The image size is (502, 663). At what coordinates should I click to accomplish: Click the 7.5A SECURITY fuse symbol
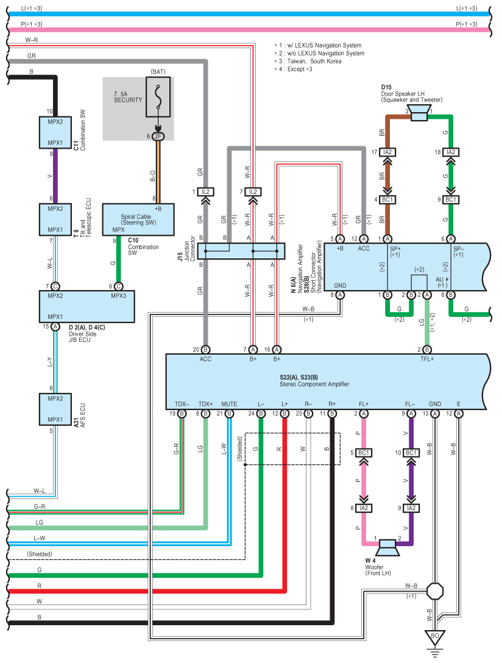158,97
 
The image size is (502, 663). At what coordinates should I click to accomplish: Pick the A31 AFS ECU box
55,409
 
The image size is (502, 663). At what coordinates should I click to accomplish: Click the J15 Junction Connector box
241,250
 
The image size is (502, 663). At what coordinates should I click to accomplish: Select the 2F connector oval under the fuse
158,136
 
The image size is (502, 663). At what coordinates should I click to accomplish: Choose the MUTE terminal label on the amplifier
229,404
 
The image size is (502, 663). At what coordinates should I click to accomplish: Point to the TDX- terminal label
182,404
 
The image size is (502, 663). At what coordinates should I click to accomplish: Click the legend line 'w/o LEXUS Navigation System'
322,54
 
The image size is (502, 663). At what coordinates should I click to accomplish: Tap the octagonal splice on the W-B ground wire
435,591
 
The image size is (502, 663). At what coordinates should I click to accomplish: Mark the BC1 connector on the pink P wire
364,453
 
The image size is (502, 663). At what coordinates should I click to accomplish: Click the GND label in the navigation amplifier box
340,285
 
